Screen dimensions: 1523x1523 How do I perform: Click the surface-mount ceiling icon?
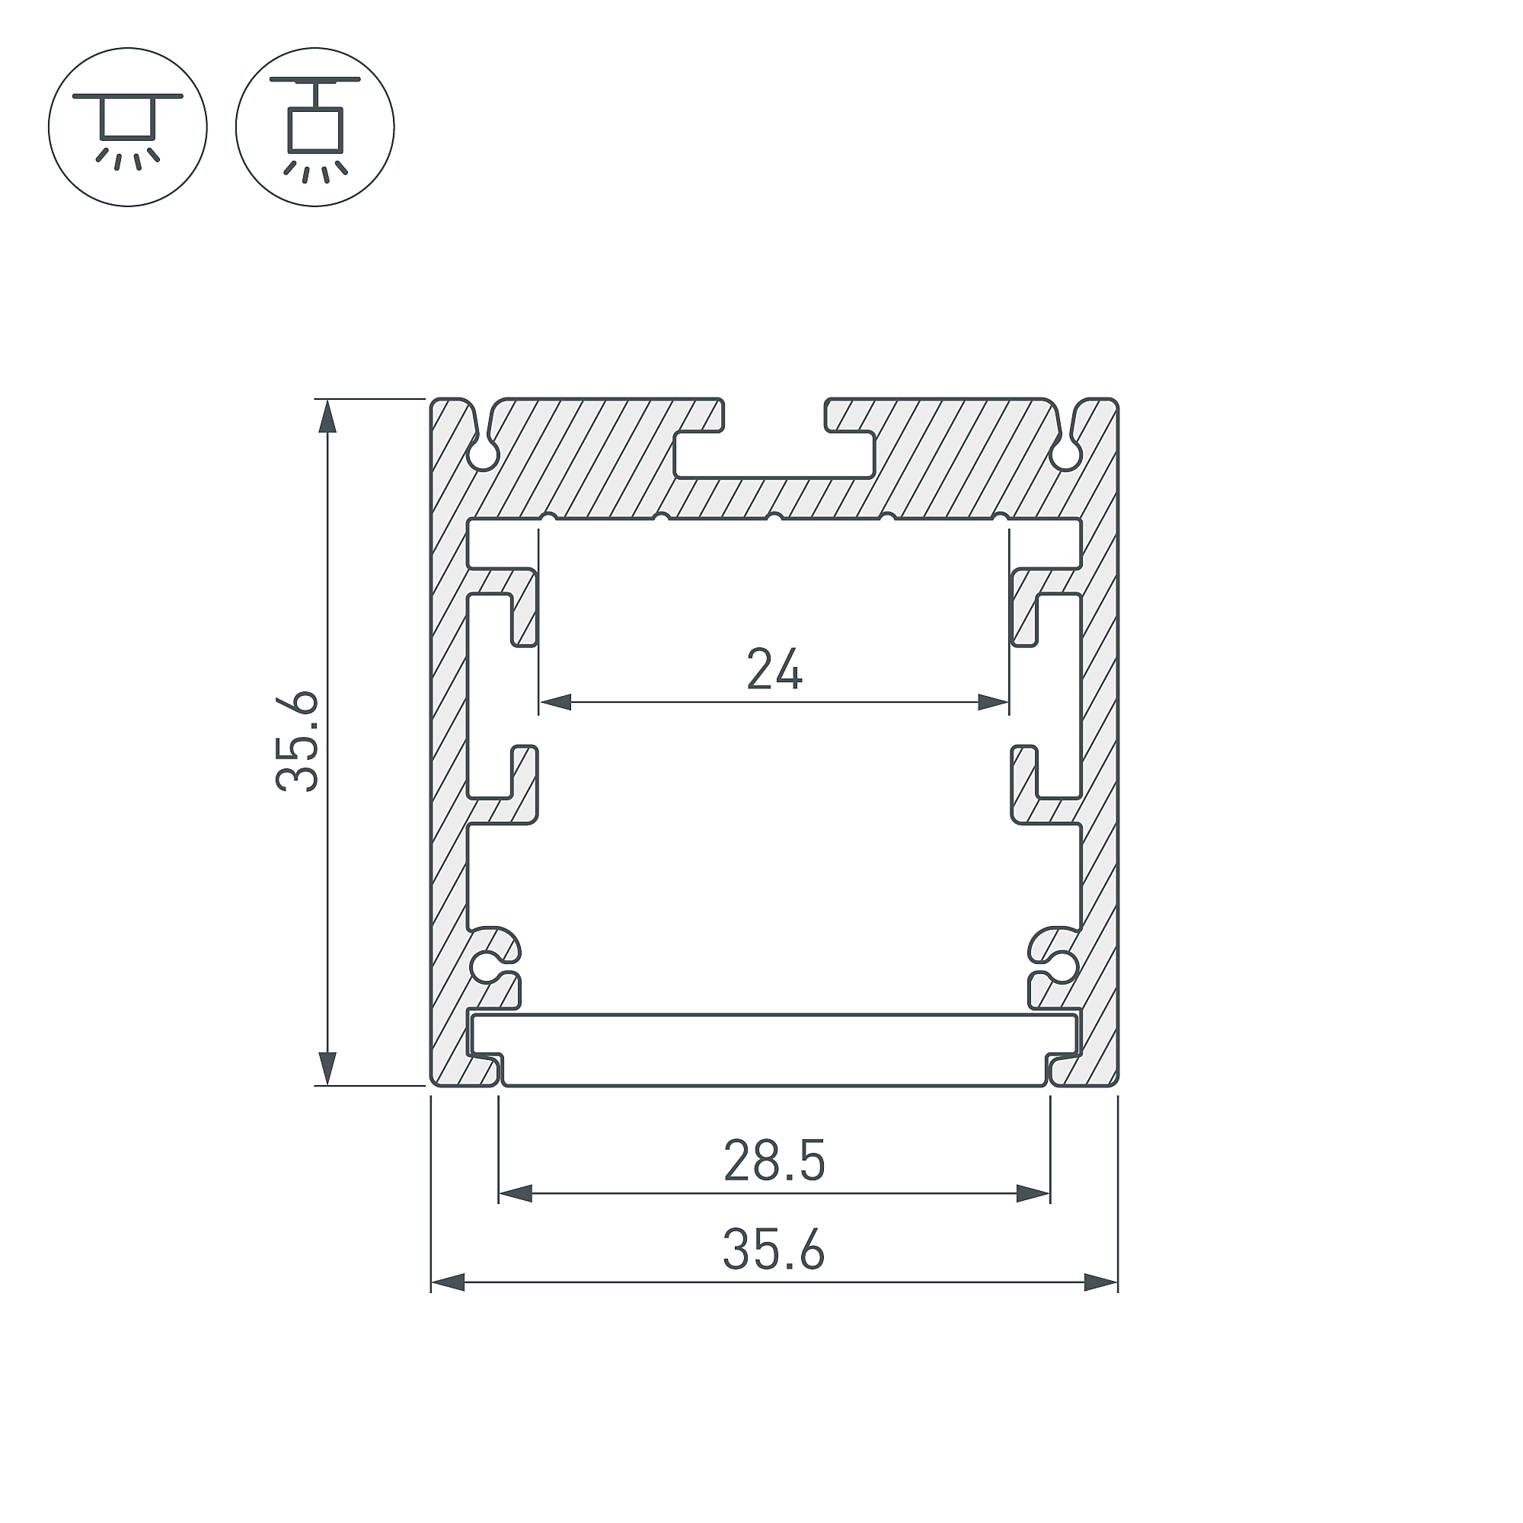pos(128,128)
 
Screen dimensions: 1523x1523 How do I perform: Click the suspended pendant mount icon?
pos(314,128)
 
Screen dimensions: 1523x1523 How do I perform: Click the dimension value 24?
pos(774,669)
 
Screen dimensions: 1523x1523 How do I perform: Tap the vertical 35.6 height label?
pos(297,741)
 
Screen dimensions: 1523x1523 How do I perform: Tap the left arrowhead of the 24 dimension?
pos(555,701)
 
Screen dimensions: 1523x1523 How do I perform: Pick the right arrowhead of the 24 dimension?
pos(993,701)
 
